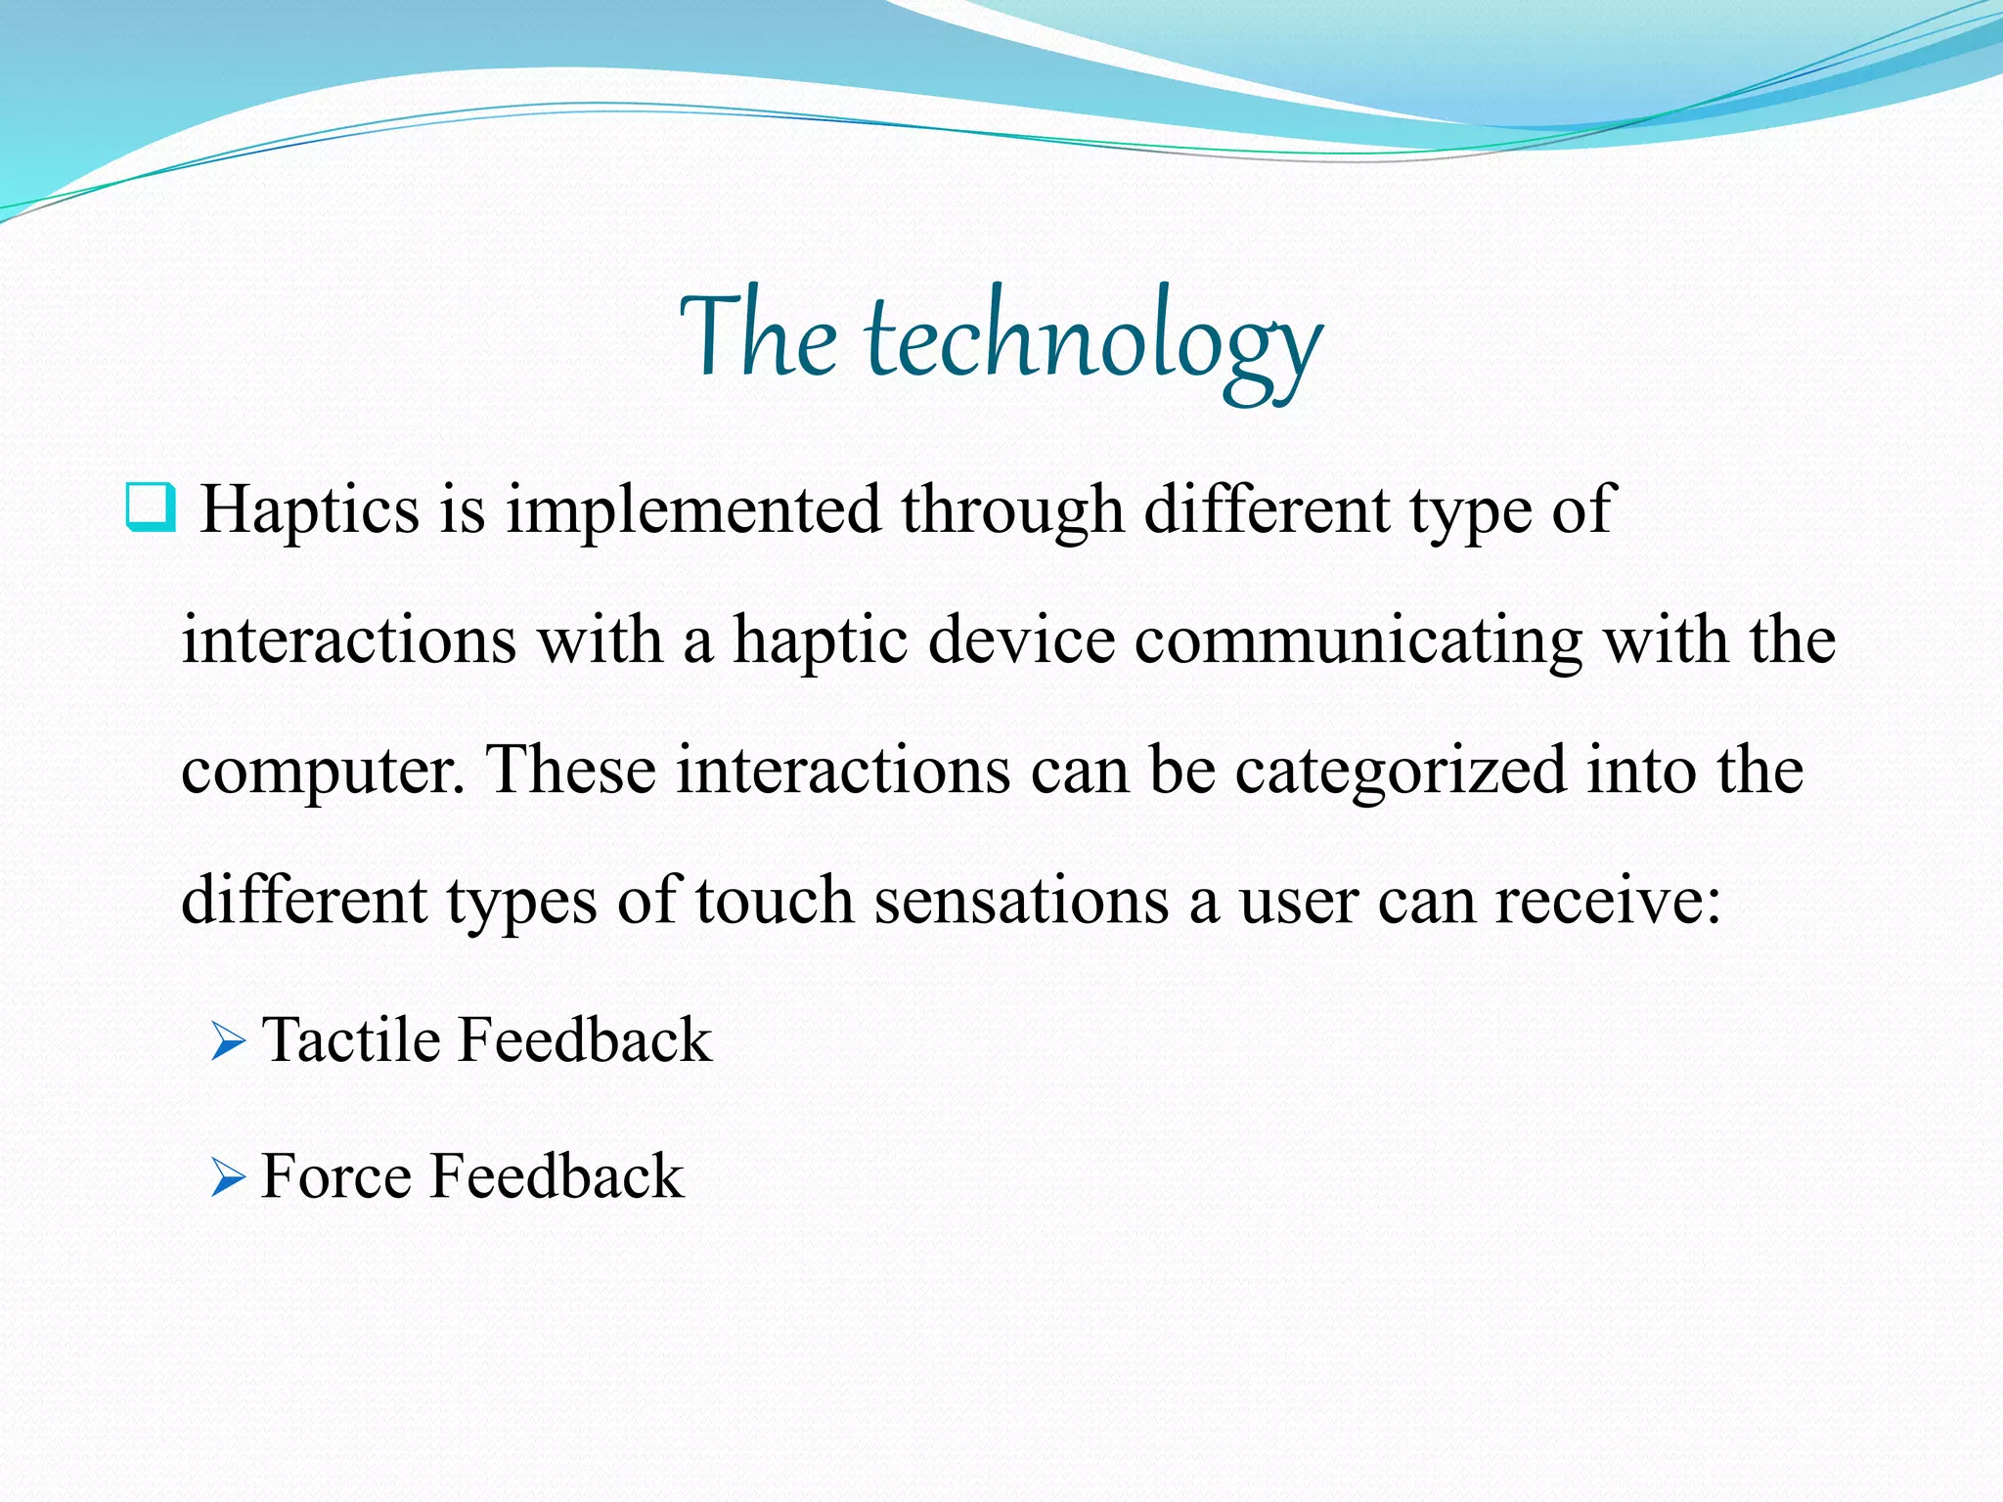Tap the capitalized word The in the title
[x=758, y=337]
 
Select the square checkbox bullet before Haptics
[x=151, y=507]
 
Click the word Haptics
[x=309, y=510]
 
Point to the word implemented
[x=692, y=510]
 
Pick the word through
[x=1011, y=510]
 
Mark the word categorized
[x=1401, y=771]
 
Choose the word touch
[x=774, y=900]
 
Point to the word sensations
[x=1021, y=900]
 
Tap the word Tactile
[x=351, y=1039]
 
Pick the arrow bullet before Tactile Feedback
[x=228, y=1042]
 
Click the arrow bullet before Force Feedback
[x=228, y=1178]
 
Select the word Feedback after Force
[x=556, y=1175]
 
